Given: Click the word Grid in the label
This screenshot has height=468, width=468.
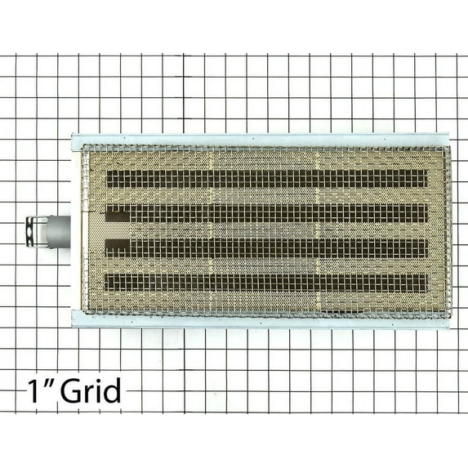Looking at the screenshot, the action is pos(91,390).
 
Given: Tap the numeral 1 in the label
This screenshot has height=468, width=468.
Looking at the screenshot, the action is pos(33,390).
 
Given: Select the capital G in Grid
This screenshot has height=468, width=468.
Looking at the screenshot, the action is pos(71,390).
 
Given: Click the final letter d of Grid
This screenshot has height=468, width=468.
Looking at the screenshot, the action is pos(113,390).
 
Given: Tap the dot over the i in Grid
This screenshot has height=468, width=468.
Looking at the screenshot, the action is pos(98,381).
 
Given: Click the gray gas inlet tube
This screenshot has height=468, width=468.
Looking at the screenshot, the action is pos(58,232).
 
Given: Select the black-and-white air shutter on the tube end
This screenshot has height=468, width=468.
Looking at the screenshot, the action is pos(36,231).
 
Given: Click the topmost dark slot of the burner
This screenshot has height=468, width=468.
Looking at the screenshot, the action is pos(267,179).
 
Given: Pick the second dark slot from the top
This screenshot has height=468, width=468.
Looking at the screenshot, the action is pos(267,213).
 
